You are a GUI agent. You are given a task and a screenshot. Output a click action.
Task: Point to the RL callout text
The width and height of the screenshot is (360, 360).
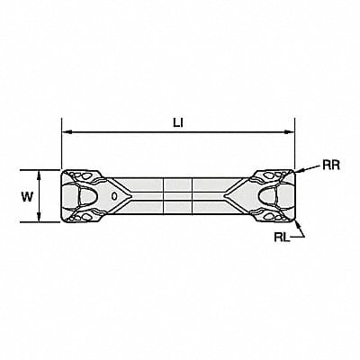point(281,238)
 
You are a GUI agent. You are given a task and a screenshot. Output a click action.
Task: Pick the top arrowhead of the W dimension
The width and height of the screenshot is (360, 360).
point(41,172)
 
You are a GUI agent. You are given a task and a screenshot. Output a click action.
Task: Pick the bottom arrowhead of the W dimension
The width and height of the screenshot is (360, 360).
point(41,219)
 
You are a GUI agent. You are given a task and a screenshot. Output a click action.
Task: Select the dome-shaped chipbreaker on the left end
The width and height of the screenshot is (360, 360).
point(90,195)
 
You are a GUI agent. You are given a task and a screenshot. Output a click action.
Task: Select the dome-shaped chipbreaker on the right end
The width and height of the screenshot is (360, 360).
point(269,195)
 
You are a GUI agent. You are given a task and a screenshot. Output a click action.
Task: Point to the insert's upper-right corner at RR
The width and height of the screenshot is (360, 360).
point(293,171)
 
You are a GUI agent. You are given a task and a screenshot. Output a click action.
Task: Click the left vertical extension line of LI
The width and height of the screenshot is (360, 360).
point(61,148)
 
